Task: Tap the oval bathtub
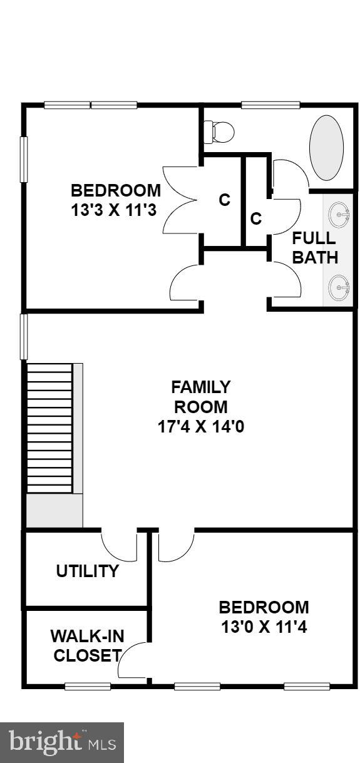pyautogui.click(x=326, y=148)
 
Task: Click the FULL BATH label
pyautogui.click(x=314, y=248)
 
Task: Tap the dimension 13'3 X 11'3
pyautogui.click(x=115, y=210)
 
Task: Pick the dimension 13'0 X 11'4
pyautogui.click(x=264, y=627)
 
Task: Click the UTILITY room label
pyautogui.click(x=87, y=571)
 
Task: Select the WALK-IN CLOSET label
pyautogui.click(x=87, y=646)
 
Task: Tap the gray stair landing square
pyautogui.click(x=54, y=510)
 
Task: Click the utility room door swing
pyautogui.click(x=120, y=546)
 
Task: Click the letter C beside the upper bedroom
pyautogui.click(x=224, y=200)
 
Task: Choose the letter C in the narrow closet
pyautogui.click(x=256, y=218)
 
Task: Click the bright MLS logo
pyautogui.click(x=62, y=742)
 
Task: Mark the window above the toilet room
pyautogui.click(x=262, y=105)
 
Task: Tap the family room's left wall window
pyautogui.click(x=24, y=337)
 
